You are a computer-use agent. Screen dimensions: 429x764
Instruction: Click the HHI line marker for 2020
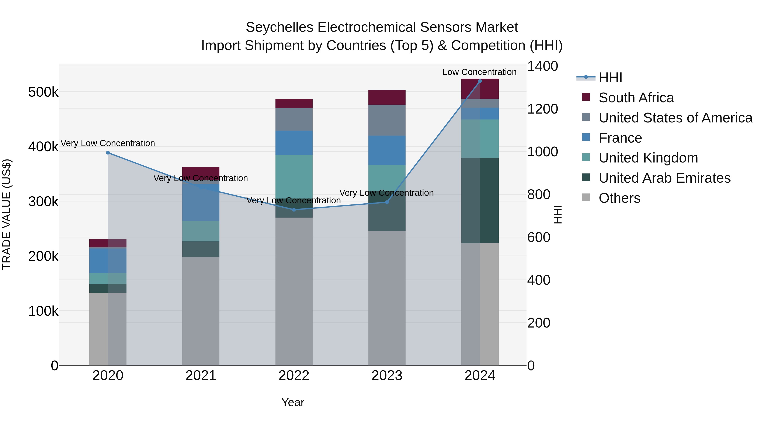pos(108,153)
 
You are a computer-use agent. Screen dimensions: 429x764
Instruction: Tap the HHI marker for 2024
pos(480,81)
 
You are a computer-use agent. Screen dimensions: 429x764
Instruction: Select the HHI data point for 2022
pos(294,210)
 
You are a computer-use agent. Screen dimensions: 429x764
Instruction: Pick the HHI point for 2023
pos(387,202)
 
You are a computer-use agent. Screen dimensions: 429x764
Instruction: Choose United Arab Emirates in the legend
pos(664,178)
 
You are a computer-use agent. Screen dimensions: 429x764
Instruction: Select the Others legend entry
pos(619,198)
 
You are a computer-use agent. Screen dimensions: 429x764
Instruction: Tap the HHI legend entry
pos(610,78)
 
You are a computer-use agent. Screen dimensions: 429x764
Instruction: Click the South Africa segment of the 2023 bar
pos(387,97)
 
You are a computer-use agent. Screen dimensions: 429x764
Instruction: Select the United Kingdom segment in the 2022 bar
pos(294,176)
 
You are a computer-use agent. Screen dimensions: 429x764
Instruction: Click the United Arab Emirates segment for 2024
pos(480,200)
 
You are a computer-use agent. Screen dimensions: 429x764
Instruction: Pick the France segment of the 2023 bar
pos(387,150)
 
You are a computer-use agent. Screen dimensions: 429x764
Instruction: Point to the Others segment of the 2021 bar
pos(201,311)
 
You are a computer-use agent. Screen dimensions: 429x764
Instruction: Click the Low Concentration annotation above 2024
pos(479,72)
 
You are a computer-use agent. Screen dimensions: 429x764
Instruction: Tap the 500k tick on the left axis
pos(43,92)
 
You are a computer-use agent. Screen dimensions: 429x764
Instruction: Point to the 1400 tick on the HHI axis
pos(542,66)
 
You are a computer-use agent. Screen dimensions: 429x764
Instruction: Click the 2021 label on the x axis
pos(201,376)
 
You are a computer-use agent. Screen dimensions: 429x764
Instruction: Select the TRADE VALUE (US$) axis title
pos(7,214)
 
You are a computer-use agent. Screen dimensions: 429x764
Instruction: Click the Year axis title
pos(293,402)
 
